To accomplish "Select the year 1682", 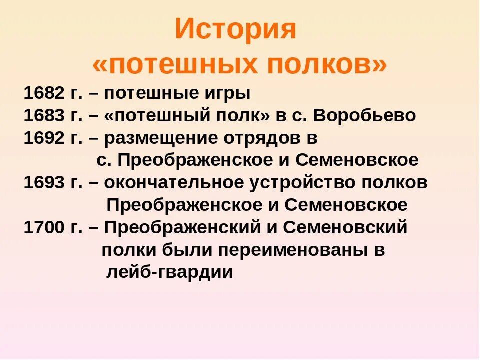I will coord(44,93).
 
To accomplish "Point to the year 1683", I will coord(44,116).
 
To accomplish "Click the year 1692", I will coord(44,138).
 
